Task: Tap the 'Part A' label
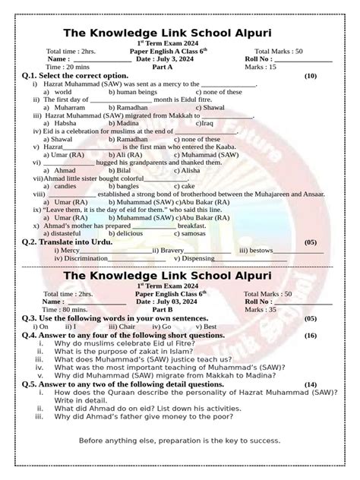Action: (x=163, y=67)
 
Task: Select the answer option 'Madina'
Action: (x=129, y=123)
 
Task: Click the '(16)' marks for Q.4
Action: (x=310, y=334)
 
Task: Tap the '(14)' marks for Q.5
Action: (x=310, y=384)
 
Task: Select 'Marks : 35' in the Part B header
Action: (x=282, y=309)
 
